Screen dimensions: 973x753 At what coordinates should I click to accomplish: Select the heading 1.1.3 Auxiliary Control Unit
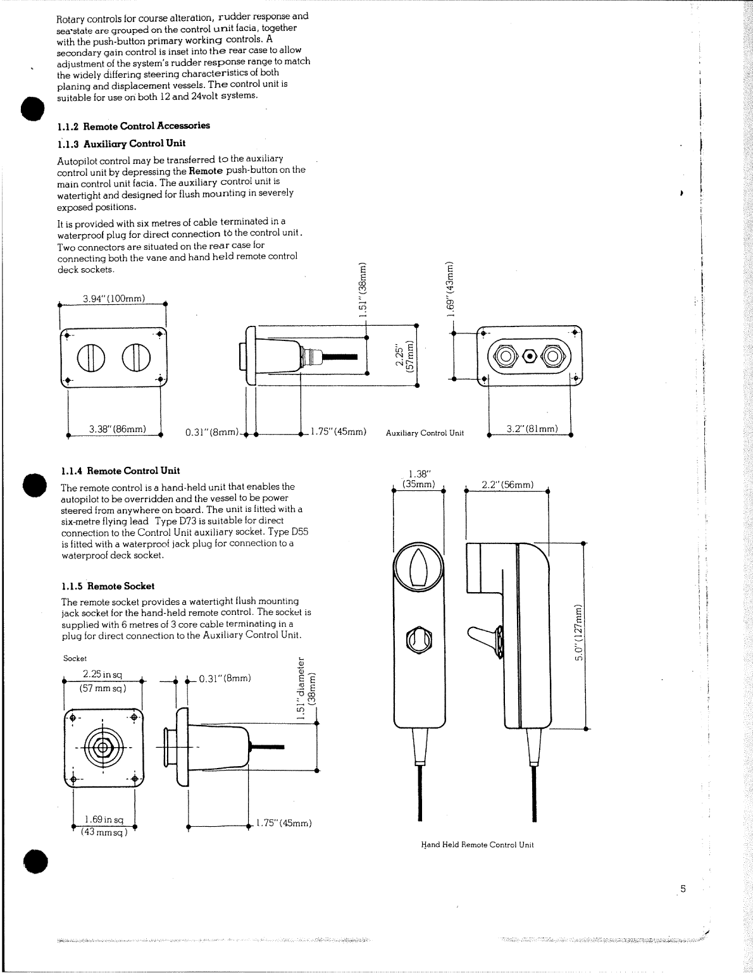click(121, 143)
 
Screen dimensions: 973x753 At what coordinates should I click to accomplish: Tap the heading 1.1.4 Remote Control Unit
click(120, 471)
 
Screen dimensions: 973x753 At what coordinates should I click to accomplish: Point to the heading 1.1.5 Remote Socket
click(108, 586)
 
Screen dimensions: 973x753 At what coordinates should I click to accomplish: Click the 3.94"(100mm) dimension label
click(114, 299)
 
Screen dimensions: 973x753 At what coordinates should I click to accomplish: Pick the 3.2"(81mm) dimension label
click(532, 429)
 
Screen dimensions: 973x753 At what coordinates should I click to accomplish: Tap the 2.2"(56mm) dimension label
click(507, 485)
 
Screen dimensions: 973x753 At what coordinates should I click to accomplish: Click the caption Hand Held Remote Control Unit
click(478, 845)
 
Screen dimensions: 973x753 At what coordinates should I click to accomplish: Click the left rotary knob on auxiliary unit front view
click(90, 359)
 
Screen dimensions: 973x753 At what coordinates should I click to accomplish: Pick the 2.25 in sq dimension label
click(103, 674)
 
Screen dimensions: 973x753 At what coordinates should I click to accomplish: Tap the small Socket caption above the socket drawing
click(75, 658)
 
